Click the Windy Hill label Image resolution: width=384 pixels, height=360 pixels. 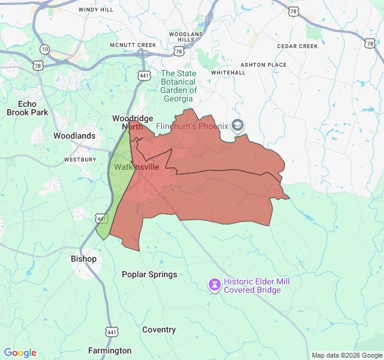click(95, 10)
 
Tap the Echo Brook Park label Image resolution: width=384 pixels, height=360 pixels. click(27, 108)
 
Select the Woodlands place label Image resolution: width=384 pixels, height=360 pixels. click(74, 136)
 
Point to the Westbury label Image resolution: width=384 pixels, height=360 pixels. click(80, 160)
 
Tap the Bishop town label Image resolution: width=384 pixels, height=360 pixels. click(83, 259)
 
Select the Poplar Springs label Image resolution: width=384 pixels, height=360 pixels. click(149, 275)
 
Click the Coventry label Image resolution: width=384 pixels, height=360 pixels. click(159, 330)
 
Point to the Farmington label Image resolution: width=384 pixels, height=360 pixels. click(110, 350)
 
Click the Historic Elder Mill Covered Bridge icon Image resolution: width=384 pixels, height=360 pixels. click(214, 284)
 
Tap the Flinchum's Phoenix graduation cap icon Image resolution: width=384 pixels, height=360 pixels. click(238, 125)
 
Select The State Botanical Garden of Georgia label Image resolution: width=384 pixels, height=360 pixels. click(178, 86)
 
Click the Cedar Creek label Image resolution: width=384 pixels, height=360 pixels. click(297, 46)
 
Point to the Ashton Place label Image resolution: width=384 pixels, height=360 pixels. click(263, 65)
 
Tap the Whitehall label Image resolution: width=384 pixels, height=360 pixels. click(229, 73)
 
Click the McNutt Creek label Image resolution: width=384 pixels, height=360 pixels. click(133, 46)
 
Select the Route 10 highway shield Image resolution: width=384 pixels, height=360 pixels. click(45, 48)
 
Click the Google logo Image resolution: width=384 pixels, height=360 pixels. click(20, 353)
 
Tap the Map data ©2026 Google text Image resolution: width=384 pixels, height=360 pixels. click(346, 355)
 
